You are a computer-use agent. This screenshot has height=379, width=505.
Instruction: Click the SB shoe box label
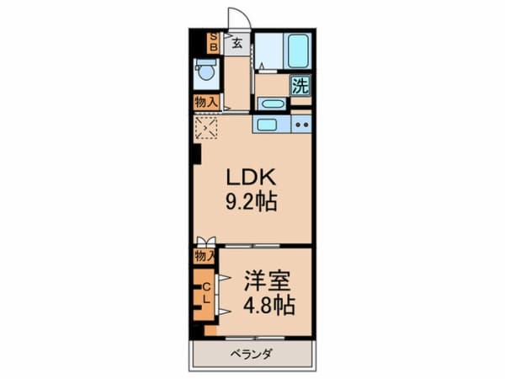click(214, 43)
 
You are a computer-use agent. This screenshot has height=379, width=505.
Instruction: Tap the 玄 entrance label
click(237, 43)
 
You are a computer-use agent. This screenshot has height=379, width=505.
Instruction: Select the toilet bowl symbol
click(206, 72)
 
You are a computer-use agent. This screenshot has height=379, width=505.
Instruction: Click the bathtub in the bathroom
click(298, 51)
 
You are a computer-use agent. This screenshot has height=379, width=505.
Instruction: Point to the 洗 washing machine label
click(300, 85)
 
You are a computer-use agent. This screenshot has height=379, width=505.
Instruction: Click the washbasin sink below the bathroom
click(272, 104)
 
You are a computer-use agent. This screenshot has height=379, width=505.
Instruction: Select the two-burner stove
click(301, 124)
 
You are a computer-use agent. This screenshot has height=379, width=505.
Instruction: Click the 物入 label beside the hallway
click(206, 103)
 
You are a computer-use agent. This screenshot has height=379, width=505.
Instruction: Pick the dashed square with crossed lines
click(206, 128)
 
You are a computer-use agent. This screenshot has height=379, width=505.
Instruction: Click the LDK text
click(251, 177)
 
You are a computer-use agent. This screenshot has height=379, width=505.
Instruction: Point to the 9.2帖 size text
click(251, 202)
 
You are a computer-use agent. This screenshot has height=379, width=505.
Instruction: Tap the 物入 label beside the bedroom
click(205, 256)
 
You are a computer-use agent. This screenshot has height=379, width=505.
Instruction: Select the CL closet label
click(206, 292)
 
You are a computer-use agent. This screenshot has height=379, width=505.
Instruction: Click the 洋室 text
click(267, 280)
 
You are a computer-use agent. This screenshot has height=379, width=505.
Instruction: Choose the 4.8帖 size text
click(269, 306)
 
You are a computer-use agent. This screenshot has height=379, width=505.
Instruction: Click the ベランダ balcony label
click(251, 355)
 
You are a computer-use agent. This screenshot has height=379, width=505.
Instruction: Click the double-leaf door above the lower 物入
click(206, 242)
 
